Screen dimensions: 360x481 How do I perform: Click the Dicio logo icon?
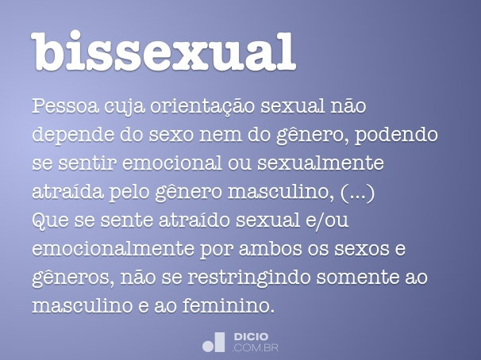[214, 341]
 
